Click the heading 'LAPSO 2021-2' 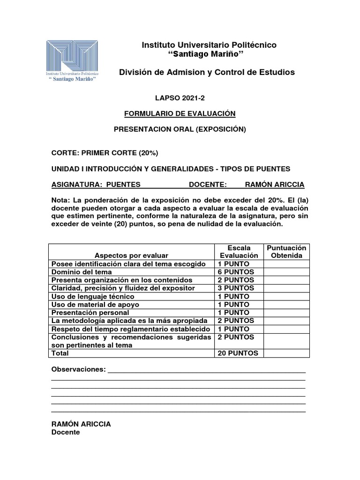tap(180, 98)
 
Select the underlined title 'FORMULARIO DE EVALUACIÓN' tap(180, 113)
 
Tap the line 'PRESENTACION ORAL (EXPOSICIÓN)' tap(180, 129)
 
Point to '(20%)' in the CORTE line tap(152, 153)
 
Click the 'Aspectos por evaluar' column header tap(131, 255)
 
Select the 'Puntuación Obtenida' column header tap(286, 252)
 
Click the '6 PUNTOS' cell tap(236, 272)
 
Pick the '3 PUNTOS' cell tap(236, 288)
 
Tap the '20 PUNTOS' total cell tap(238, 353)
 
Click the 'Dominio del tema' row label tap(82, 272)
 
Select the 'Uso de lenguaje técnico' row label tap(93, 297)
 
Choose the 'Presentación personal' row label tap(90, 313)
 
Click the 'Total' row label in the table tap(60, 353)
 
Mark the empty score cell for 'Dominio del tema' tap(286, 272)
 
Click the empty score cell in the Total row tap(286, 353)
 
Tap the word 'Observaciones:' tap(78, 369)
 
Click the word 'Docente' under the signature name tap(66, 432)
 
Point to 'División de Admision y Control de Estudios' tap(207, 72)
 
